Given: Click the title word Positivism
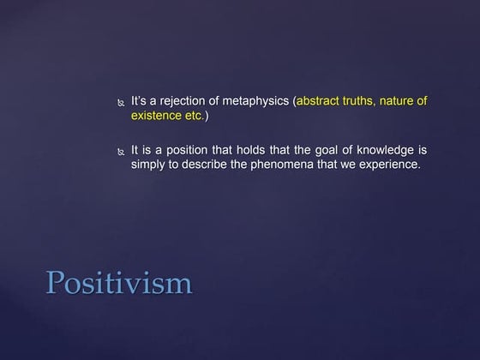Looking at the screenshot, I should tap(118, 283).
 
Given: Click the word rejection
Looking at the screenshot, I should tap(190, 102).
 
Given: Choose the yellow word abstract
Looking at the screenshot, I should tap(321, 102).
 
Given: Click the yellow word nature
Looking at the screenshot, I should tap(410, 102).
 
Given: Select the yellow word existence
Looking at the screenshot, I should tap(156, 116).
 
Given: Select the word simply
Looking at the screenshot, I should tap(150, 165).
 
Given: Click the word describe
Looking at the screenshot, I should tap(215, 164).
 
